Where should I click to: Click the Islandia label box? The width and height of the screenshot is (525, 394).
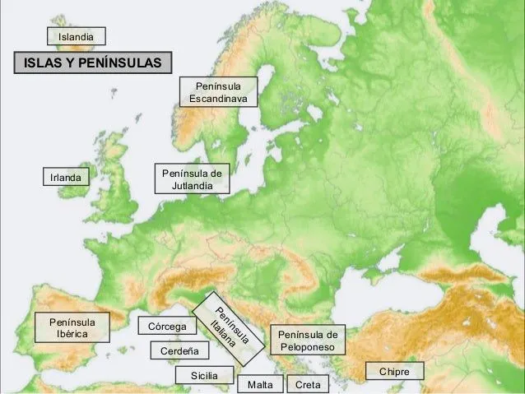(x=77, y=36)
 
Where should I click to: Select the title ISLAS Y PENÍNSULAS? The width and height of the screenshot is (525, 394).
(x=91, y=64)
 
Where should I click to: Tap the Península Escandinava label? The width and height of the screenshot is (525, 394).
(x=219, y=92)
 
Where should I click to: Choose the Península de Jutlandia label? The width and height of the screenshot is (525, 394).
(x=193, y=180)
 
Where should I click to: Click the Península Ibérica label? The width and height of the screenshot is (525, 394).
(x=72, y=327)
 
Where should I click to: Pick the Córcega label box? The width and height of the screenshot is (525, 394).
(x=167, y=327)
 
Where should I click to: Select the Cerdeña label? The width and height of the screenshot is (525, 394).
(x=179, y=351)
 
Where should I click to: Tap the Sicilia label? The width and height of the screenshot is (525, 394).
(x=204, y=376)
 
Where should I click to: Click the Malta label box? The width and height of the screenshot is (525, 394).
(x=259, y=385)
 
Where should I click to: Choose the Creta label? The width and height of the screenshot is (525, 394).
(x=307, y=385)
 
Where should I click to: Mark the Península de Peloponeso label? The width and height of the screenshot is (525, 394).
(x=308, y=341)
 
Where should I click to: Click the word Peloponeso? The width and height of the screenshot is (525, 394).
(x=308, y=348)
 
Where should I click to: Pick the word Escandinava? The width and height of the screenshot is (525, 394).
(x=219, y=99)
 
